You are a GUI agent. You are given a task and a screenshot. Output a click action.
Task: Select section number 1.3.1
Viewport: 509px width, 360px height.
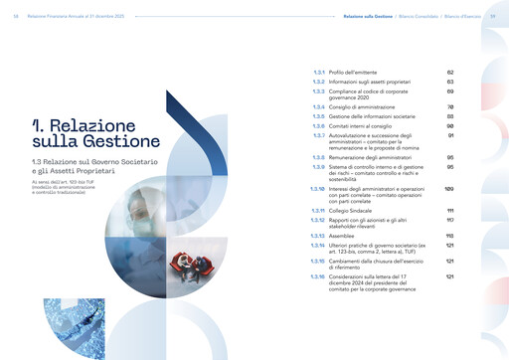[x=318, y=73]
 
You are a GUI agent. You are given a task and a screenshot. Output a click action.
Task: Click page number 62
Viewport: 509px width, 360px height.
[x=449, y=73]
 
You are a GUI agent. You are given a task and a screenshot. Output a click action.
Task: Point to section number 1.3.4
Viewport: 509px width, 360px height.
[x=318, y=106]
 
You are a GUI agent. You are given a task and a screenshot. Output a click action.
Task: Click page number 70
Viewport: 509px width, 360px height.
[x=449, y=106]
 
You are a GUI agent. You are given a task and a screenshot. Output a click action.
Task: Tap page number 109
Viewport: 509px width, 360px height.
[x=448, y=187]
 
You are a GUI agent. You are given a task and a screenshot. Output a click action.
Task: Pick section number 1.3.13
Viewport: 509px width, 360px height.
[x=317, y=236]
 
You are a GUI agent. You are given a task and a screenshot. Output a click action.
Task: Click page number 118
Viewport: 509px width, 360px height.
[x=449, y=236]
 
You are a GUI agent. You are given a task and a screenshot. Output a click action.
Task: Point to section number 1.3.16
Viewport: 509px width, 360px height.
[x=317, y=275]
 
